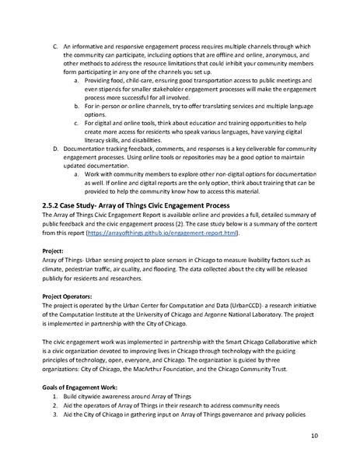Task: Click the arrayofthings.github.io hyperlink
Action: click(174, 233)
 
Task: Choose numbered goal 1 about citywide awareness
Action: click(124, 397)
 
